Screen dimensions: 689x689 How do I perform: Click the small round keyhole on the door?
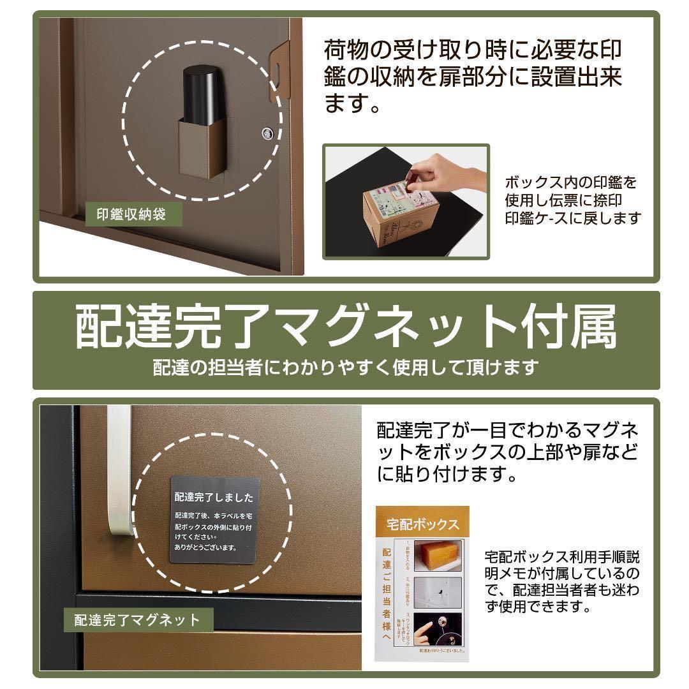pos(266,133)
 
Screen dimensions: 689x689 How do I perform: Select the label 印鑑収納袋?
pos(131,214)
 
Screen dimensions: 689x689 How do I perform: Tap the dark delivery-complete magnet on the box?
pos(213,519)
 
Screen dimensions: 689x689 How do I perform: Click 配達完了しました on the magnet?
pos(213,497)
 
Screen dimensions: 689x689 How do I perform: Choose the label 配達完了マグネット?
pos(137,619)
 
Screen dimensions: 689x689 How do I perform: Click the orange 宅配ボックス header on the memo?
pos(422,525)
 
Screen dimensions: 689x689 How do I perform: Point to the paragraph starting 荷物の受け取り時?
pos(473,76)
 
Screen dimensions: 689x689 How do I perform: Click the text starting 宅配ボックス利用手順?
pos(561,581)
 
